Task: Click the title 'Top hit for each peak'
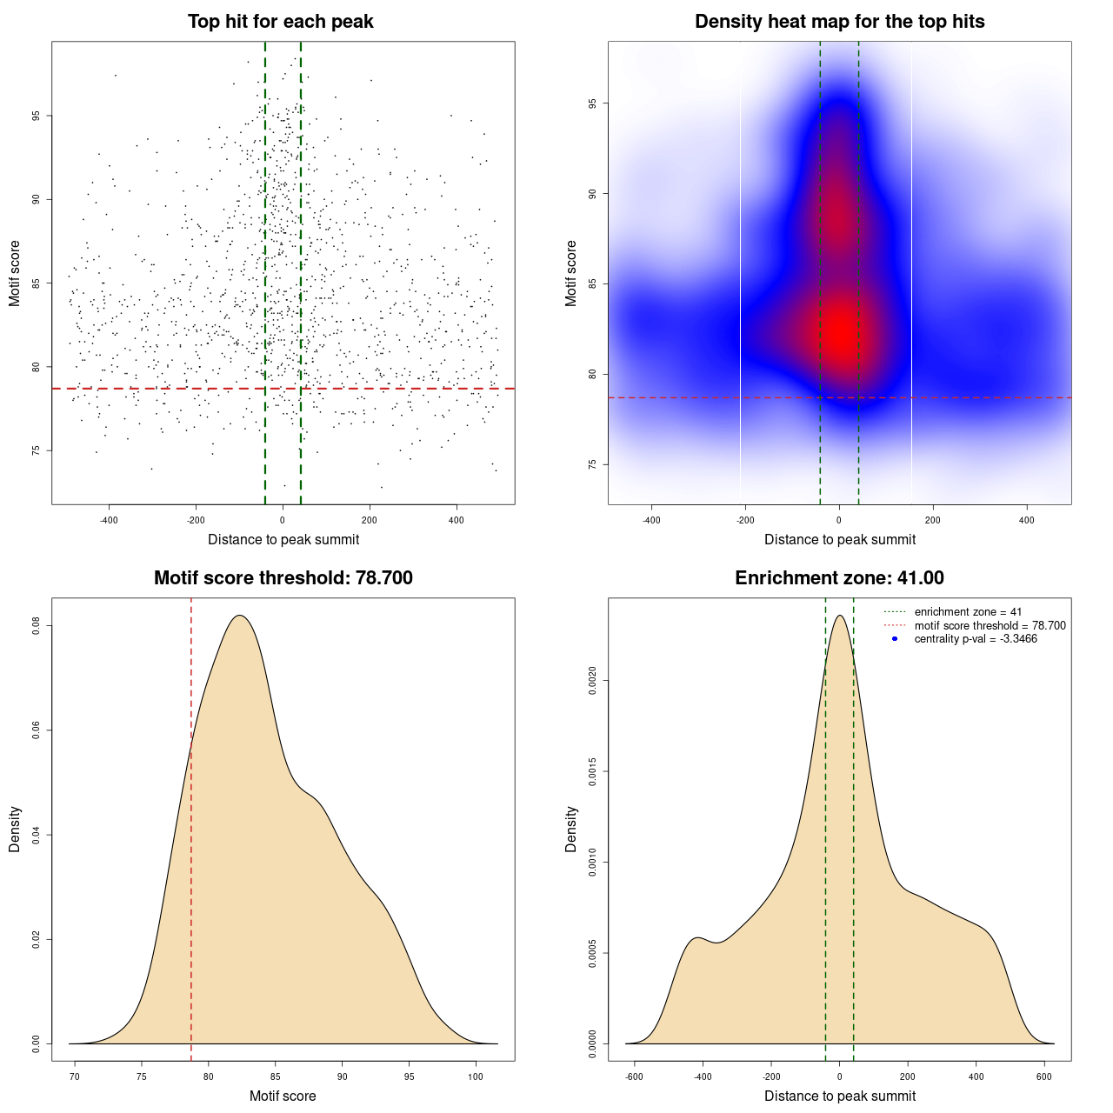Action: (281, 22)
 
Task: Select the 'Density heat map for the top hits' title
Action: (839, 22)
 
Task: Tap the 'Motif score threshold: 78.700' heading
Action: (283, 578)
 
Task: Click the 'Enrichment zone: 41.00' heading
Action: (839, 578)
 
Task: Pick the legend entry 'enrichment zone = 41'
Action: (968, 612)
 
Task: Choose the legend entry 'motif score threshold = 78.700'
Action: (990, 625)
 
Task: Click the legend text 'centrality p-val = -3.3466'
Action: (976, 639)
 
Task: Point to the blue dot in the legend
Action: (895, 639)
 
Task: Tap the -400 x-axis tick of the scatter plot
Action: (109, 520)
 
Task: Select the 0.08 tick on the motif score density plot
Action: (36, 625)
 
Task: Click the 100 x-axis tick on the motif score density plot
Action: (476, 1076)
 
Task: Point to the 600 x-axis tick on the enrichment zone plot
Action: (1044, 1076)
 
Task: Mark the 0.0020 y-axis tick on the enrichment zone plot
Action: (592, 681)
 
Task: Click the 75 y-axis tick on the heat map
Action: (592, 464)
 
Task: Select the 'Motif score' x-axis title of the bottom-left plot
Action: (283, 1096)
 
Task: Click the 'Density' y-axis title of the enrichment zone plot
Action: (571, 830)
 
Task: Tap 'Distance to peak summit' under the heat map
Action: (839, 539)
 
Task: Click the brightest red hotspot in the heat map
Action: (841, 330)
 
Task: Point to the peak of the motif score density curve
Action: (240, 616)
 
